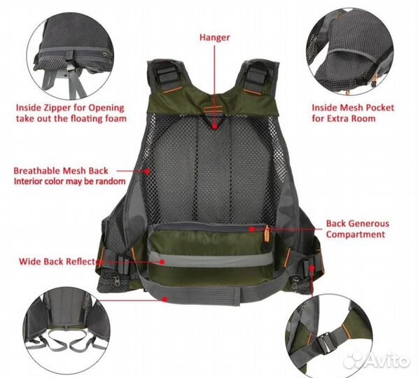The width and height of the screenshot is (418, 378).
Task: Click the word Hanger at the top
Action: (214, 38)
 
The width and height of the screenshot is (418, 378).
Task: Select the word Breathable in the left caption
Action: (32, 171)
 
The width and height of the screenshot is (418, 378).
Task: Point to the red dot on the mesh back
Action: (147, 171)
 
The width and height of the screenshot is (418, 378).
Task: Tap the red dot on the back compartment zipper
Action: (252, 230)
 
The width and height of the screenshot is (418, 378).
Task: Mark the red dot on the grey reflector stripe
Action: (162, 262)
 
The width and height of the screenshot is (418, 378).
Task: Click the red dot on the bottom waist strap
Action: (165, 300)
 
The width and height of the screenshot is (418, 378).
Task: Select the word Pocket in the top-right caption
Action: (380, 108)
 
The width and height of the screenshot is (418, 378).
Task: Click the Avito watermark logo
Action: (377, 361)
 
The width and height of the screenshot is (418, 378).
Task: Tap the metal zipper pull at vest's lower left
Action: (117, 281)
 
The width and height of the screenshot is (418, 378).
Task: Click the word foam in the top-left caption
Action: (116, 118)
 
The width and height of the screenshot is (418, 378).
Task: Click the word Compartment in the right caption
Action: (356, 234)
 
